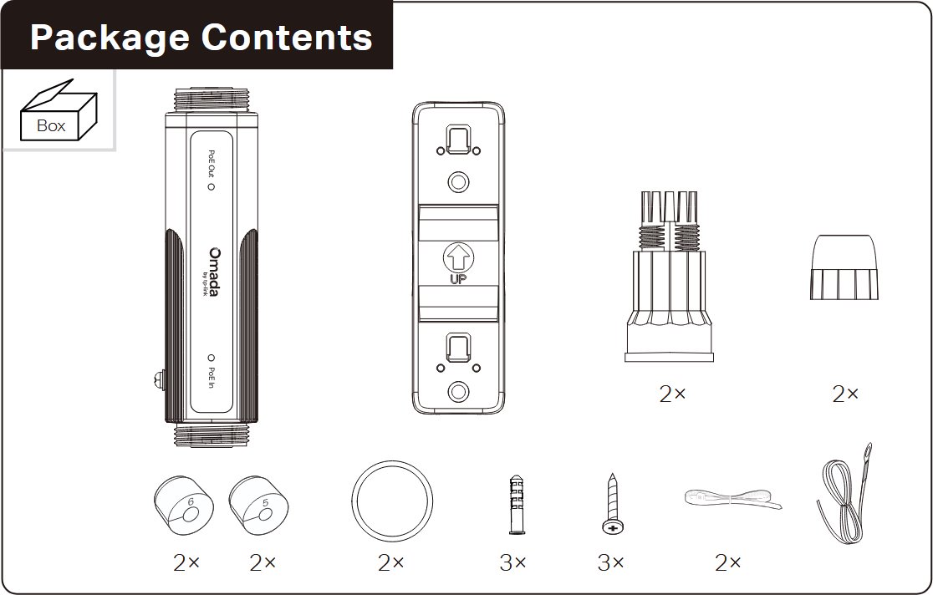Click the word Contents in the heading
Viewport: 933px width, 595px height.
click(287, 37)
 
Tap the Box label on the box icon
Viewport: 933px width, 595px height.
click(51, 125)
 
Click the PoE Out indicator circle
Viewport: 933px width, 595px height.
click(211, 186)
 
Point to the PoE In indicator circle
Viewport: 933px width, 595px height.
click(211, 359)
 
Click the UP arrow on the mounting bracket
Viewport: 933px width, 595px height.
click(457, 258)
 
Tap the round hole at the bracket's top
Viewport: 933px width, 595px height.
click(457, 181)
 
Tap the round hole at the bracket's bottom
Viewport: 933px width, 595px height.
click(457, 391)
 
